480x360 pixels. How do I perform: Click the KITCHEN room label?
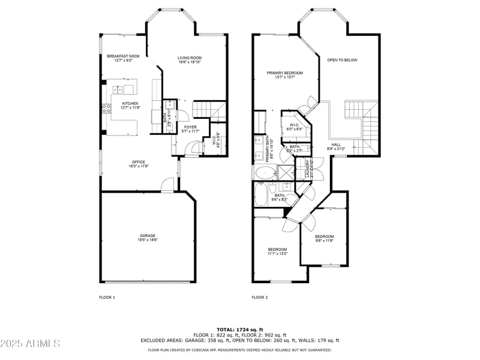[130, 103]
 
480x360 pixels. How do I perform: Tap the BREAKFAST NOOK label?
[123, 56]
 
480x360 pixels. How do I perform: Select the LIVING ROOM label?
[188, 58]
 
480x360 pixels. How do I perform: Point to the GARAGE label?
[148, 235]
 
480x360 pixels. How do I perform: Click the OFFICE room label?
[139, 162]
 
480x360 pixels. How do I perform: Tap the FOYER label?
[190, 127]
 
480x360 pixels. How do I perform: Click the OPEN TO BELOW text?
[342, 60]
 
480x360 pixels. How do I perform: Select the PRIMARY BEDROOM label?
[284, 73]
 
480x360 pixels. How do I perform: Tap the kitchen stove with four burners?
[106, 109]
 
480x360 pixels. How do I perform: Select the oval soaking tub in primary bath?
[265, 174]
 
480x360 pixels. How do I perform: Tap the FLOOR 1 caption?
[107, 297]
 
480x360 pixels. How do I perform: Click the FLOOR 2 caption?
[259, 297]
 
